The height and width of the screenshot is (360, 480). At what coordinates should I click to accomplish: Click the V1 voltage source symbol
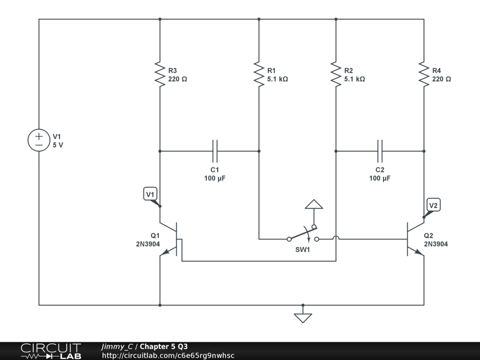pyautogui.click(x=39, y=141)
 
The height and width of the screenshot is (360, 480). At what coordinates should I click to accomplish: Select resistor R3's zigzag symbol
pyautogui.click(x=160, y=74)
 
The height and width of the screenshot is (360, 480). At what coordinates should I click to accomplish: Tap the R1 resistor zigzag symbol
pyautogui.click(x=259, y=74)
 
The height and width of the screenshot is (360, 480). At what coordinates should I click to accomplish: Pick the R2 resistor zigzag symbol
pyautogui.click(x=336, y=74)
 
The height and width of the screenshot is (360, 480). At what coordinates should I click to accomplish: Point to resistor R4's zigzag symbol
pyautogui.click(x=424, y=74)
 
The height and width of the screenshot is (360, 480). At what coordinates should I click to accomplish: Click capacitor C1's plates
pyautogui.click(x=215, y=151)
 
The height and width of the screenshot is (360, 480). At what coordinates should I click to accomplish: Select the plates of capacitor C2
pyautogui.click(x=380, y=151)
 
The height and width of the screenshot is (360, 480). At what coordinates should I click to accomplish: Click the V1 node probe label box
pyautogui.click(x=150, y=194)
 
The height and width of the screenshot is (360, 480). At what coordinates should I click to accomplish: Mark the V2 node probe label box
pyautogui.click(x=434, y=205)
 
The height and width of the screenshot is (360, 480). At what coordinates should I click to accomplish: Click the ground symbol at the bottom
pyautogui.click(x=303, y=318)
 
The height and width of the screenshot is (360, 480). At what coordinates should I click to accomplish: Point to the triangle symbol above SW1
pyautogui.click(x=314, y=204)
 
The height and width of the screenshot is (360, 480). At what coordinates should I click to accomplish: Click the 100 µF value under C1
pyautogui.click(x=215, y=179)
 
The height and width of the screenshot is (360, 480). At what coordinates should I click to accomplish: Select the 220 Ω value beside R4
pyautogui.click(x=442, y=79)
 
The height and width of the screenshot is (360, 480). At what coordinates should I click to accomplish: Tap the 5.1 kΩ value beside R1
pyautogui.click(x=277, y=79)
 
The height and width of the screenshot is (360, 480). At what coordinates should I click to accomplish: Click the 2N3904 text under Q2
pyautogui.click(x=436, y=244)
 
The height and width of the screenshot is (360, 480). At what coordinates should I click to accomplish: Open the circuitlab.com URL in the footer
pyautogui.click(x=168, y=356)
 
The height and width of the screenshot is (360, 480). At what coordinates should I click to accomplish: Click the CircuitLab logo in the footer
pyautogui.click(x=51, y=351)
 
